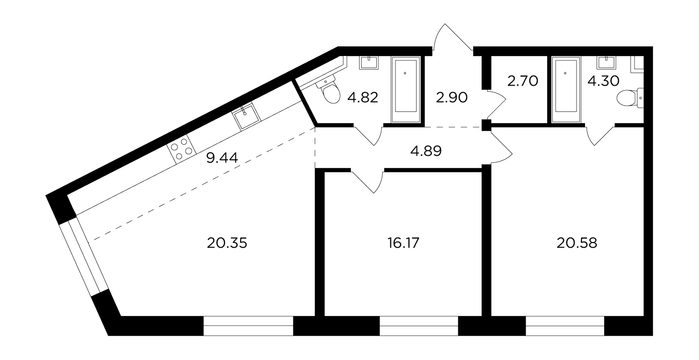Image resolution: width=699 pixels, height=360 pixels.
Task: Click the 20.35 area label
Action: [227, 243]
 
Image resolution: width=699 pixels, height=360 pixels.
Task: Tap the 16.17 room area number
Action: [403, 243]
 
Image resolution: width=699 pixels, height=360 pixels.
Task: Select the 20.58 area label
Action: [576, 243]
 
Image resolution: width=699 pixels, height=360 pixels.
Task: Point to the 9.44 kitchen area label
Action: [222, 158]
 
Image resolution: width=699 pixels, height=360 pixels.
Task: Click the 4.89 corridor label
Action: [426, 151]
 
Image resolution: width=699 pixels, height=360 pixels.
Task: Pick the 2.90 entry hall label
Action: [451, 98]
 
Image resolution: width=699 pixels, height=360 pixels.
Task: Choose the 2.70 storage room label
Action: [522, 81]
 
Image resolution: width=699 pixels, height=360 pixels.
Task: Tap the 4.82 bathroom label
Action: [363, 98]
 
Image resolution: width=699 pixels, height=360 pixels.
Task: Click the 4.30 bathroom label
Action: [603, 81]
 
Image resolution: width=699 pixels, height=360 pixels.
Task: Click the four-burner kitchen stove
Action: [182, 149]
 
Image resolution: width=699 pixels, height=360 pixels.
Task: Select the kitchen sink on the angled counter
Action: [246, 116]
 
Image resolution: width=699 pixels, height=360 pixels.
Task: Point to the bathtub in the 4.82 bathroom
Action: [405, 89]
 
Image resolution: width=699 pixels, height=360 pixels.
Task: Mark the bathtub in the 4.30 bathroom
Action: [566, 89]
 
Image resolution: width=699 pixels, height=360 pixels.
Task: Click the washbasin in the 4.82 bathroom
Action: [369, 63]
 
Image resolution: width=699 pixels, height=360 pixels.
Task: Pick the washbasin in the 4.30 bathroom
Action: [606, 63]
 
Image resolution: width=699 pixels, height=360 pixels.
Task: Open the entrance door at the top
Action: [453, 37]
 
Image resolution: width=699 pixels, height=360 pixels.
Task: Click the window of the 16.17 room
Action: [419, 326]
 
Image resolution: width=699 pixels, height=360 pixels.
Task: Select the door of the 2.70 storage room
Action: [496, 105]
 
